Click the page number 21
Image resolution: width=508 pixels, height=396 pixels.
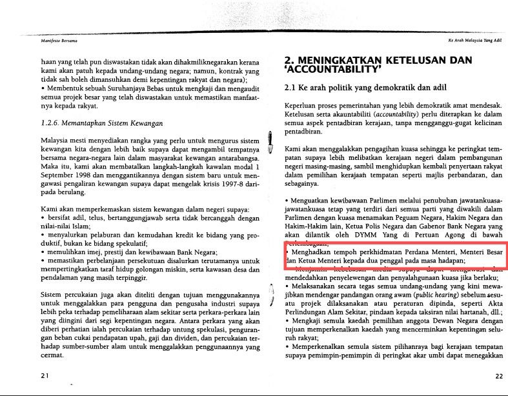tap(45, 375)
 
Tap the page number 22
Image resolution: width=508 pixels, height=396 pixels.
tap(498, 375)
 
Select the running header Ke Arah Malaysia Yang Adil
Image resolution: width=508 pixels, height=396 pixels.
tap(474, 39)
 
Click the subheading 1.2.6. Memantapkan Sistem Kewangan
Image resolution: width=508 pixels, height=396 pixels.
tap(102, 123)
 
